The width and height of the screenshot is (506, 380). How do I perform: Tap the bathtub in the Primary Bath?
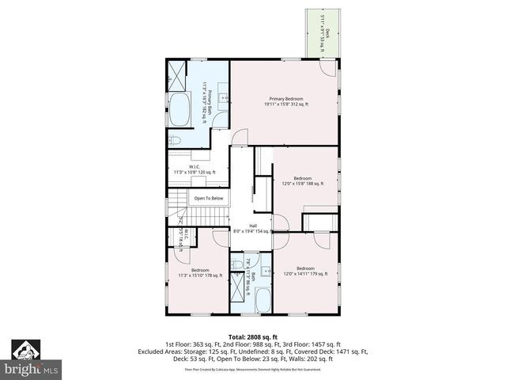click(x=179, y=110)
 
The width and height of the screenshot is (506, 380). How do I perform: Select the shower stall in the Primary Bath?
click(x=177, y=75)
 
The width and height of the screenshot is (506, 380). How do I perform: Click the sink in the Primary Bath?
click(x=223, y=99)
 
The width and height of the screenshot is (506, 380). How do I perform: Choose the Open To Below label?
click(x=209, y=198)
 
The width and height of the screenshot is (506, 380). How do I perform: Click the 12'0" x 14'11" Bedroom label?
click(x=304, y=271)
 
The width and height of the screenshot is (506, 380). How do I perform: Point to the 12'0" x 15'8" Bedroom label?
click(x=303, y=181)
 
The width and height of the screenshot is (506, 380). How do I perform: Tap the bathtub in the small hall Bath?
click(x=262, y=301)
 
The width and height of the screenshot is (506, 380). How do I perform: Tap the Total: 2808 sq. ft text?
click(x=253, y=336)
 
